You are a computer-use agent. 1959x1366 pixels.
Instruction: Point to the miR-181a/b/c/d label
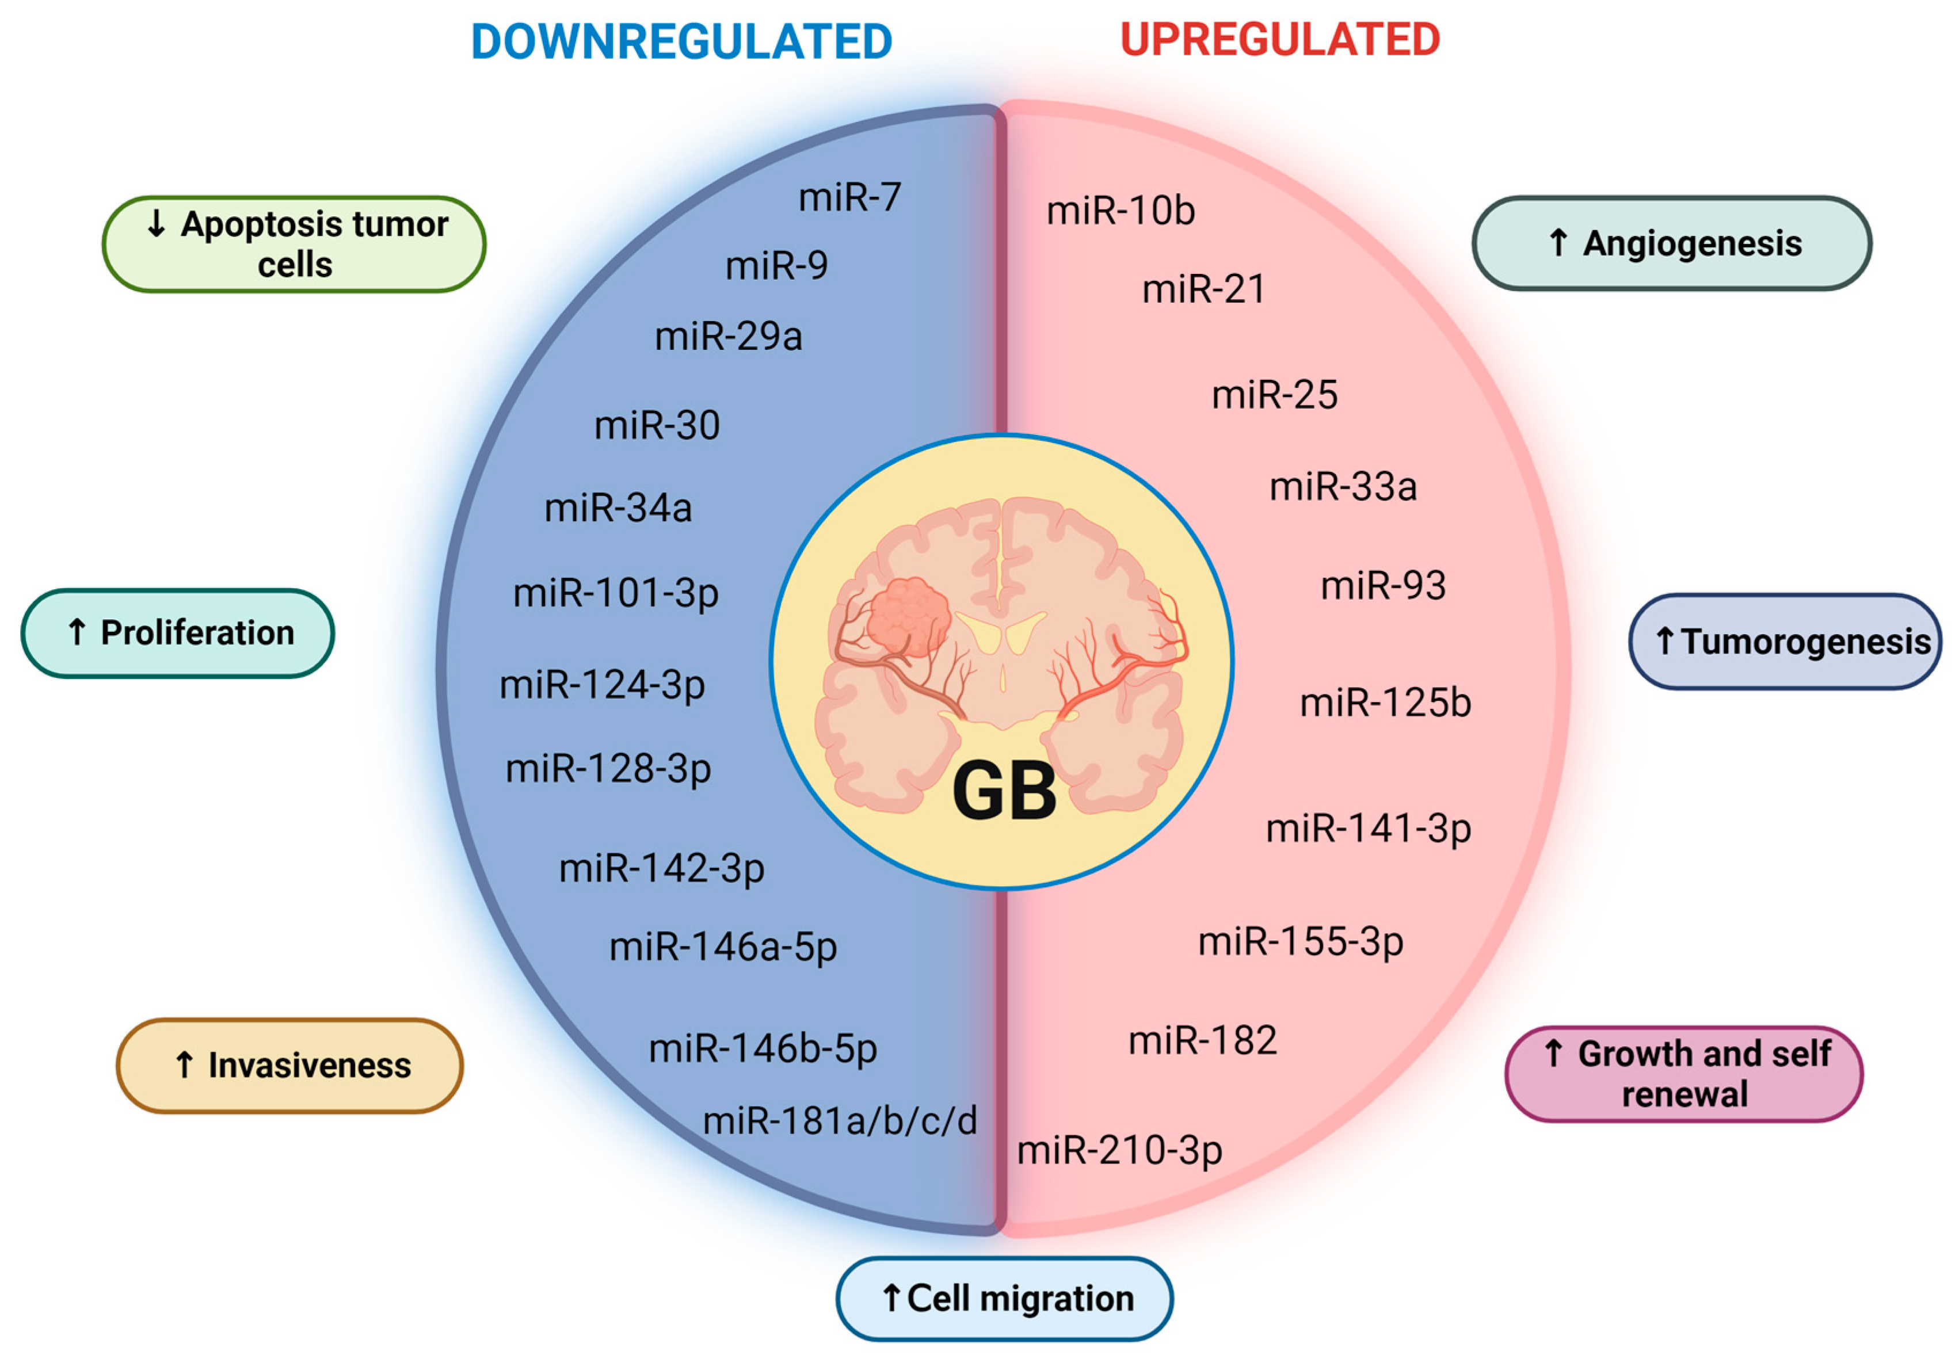840,1121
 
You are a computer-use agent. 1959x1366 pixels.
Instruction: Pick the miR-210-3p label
1119,1150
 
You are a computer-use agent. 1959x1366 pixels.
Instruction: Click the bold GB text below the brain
1004,792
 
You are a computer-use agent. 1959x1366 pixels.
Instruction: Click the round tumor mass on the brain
909,616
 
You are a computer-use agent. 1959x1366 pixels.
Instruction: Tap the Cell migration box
1004,1298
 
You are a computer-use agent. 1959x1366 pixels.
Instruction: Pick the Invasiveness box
289,1066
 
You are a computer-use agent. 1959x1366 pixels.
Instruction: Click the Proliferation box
177,633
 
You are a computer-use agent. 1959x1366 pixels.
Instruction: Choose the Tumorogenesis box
1785,642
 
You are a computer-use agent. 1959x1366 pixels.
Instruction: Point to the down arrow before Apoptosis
156,223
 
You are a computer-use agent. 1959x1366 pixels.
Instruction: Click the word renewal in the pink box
1684,1094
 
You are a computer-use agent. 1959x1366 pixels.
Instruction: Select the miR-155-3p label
1300,942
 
